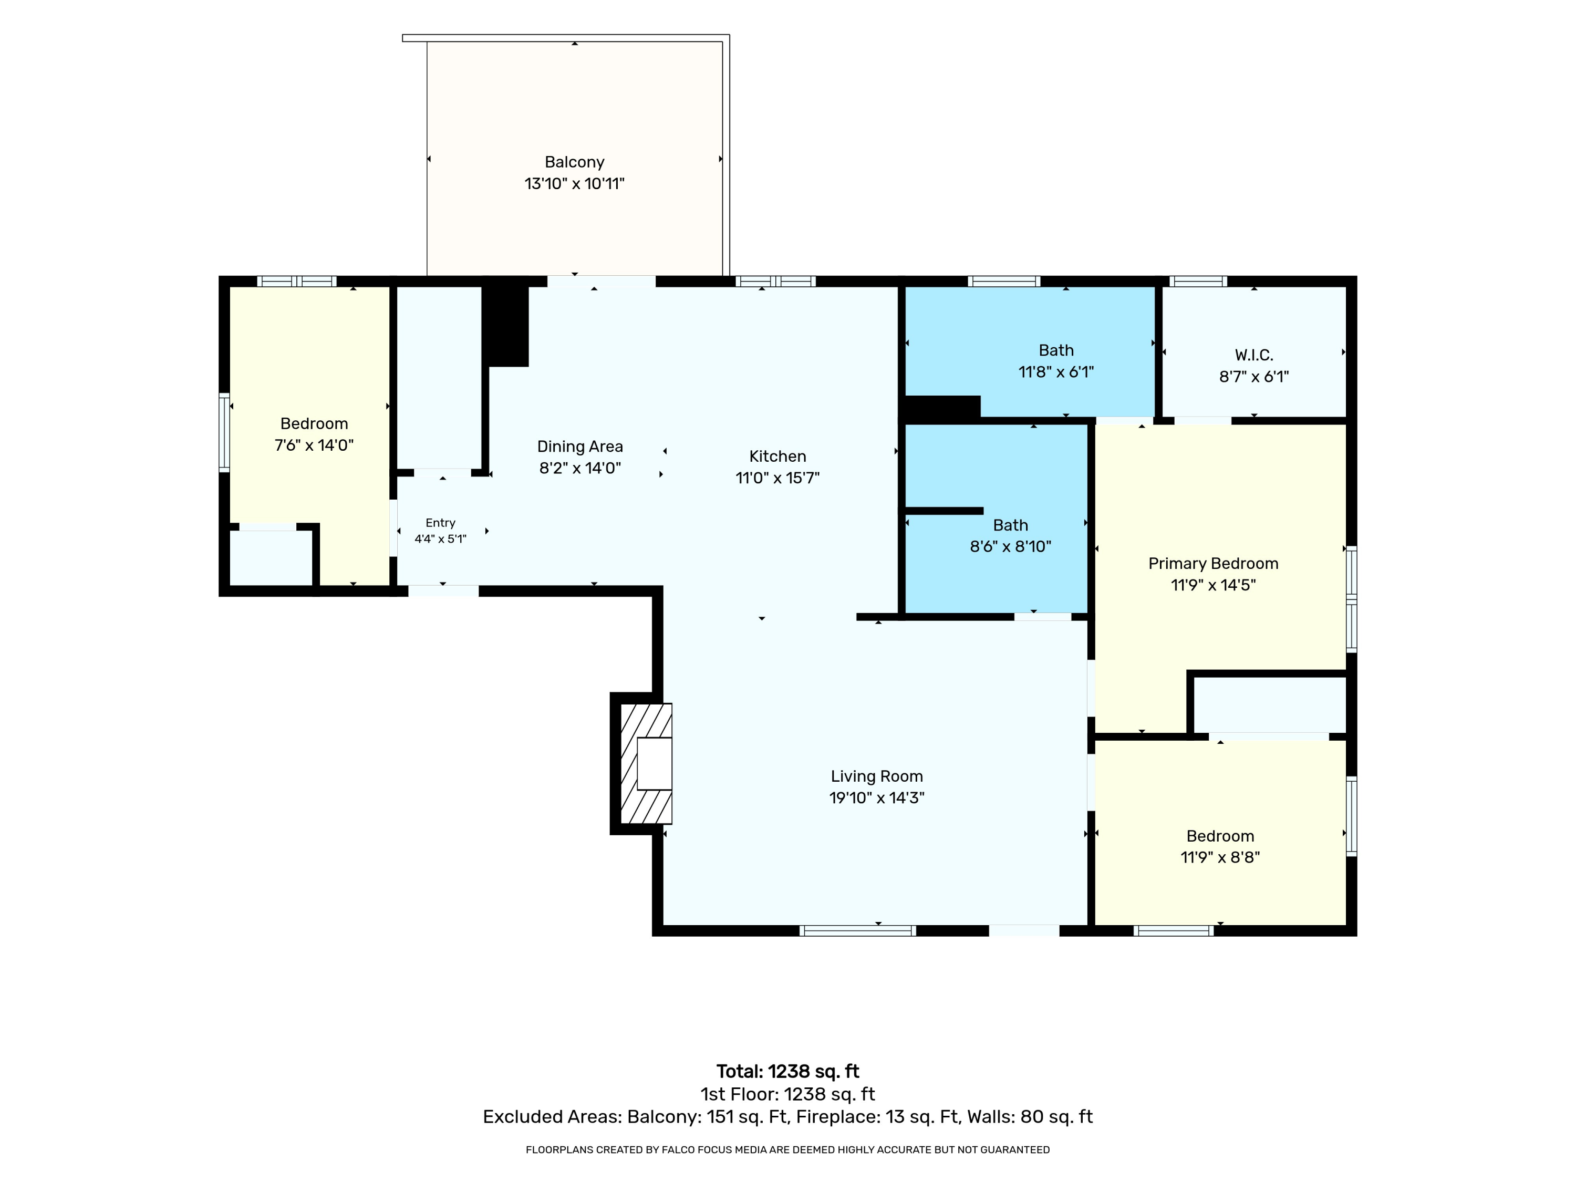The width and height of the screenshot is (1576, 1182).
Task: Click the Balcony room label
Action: [574, 162]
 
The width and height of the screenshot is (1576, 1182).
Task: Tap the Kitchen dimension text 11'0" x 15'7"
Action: [777, 478]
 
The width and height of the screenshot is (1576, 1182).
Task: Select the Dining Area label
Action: [580, 447]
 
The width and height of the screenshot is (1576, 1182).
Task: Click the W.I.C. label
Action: [1254, 355]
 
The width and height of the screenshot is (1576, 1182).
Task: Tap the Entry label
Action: [440, 523]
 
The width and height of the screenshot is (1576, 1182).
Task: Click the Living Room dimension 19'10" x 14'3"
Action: [876, 798]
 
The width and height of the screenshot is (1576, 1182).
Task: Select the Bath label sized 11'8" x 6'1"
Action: [1056, 350]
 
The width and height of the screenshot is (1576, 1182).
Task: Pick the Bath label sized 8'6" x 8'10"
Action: [1010, 525]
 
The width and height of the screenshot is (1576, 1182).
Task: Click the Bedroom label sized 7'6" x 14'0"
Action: [314, 424]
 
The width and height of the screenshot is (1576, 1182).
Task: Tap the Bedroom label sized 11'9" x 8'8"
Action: [1220, 836]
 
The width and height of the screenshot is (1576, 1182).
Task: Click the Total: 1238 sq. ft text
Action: [788, 1072]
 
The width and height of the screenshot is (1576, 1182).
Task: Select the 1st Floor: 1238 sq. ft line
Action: [788, 1094]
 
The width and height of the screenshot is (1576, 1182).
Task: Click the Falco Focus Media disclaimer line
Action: [788, 1149]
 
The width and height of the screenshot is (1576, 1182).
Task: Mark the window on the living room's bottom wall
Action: [858, 930]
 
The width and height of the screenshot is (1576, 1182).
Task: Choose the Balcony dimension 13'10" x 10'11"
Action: [574, 184]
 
